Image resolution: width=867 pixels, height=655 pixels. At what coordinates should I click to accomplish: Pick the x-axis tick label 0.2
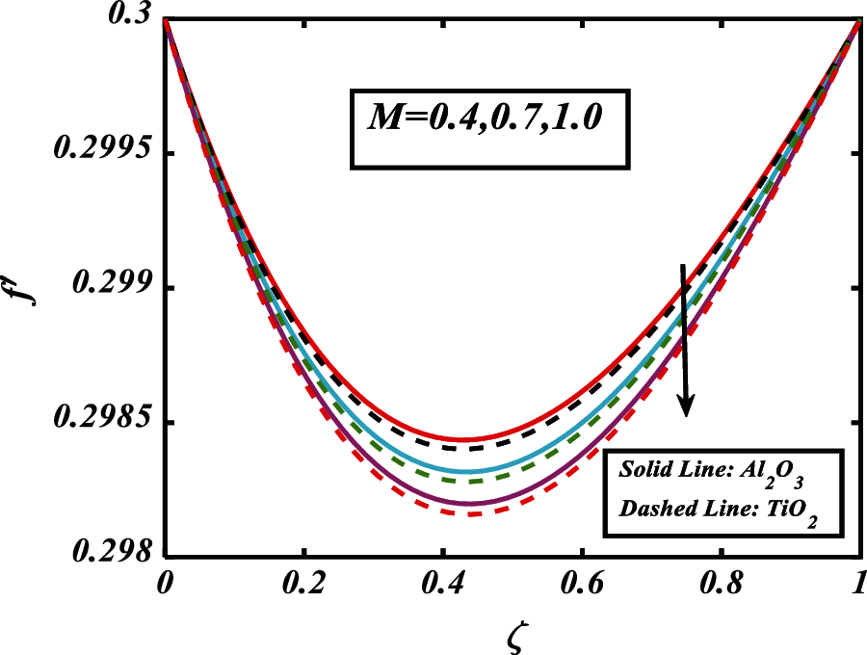(x=303, y=584)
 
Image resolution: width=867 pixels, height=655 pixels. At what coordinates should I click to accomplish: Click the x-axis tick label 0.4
(x=443, y=584)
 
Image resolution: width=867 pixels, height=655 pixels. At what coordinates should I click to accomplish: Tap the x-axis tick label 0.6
(x=582, y=584)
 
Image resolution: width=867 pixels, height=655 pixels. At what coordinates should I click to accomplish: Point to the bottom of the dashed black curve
(x=465, y=449)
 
